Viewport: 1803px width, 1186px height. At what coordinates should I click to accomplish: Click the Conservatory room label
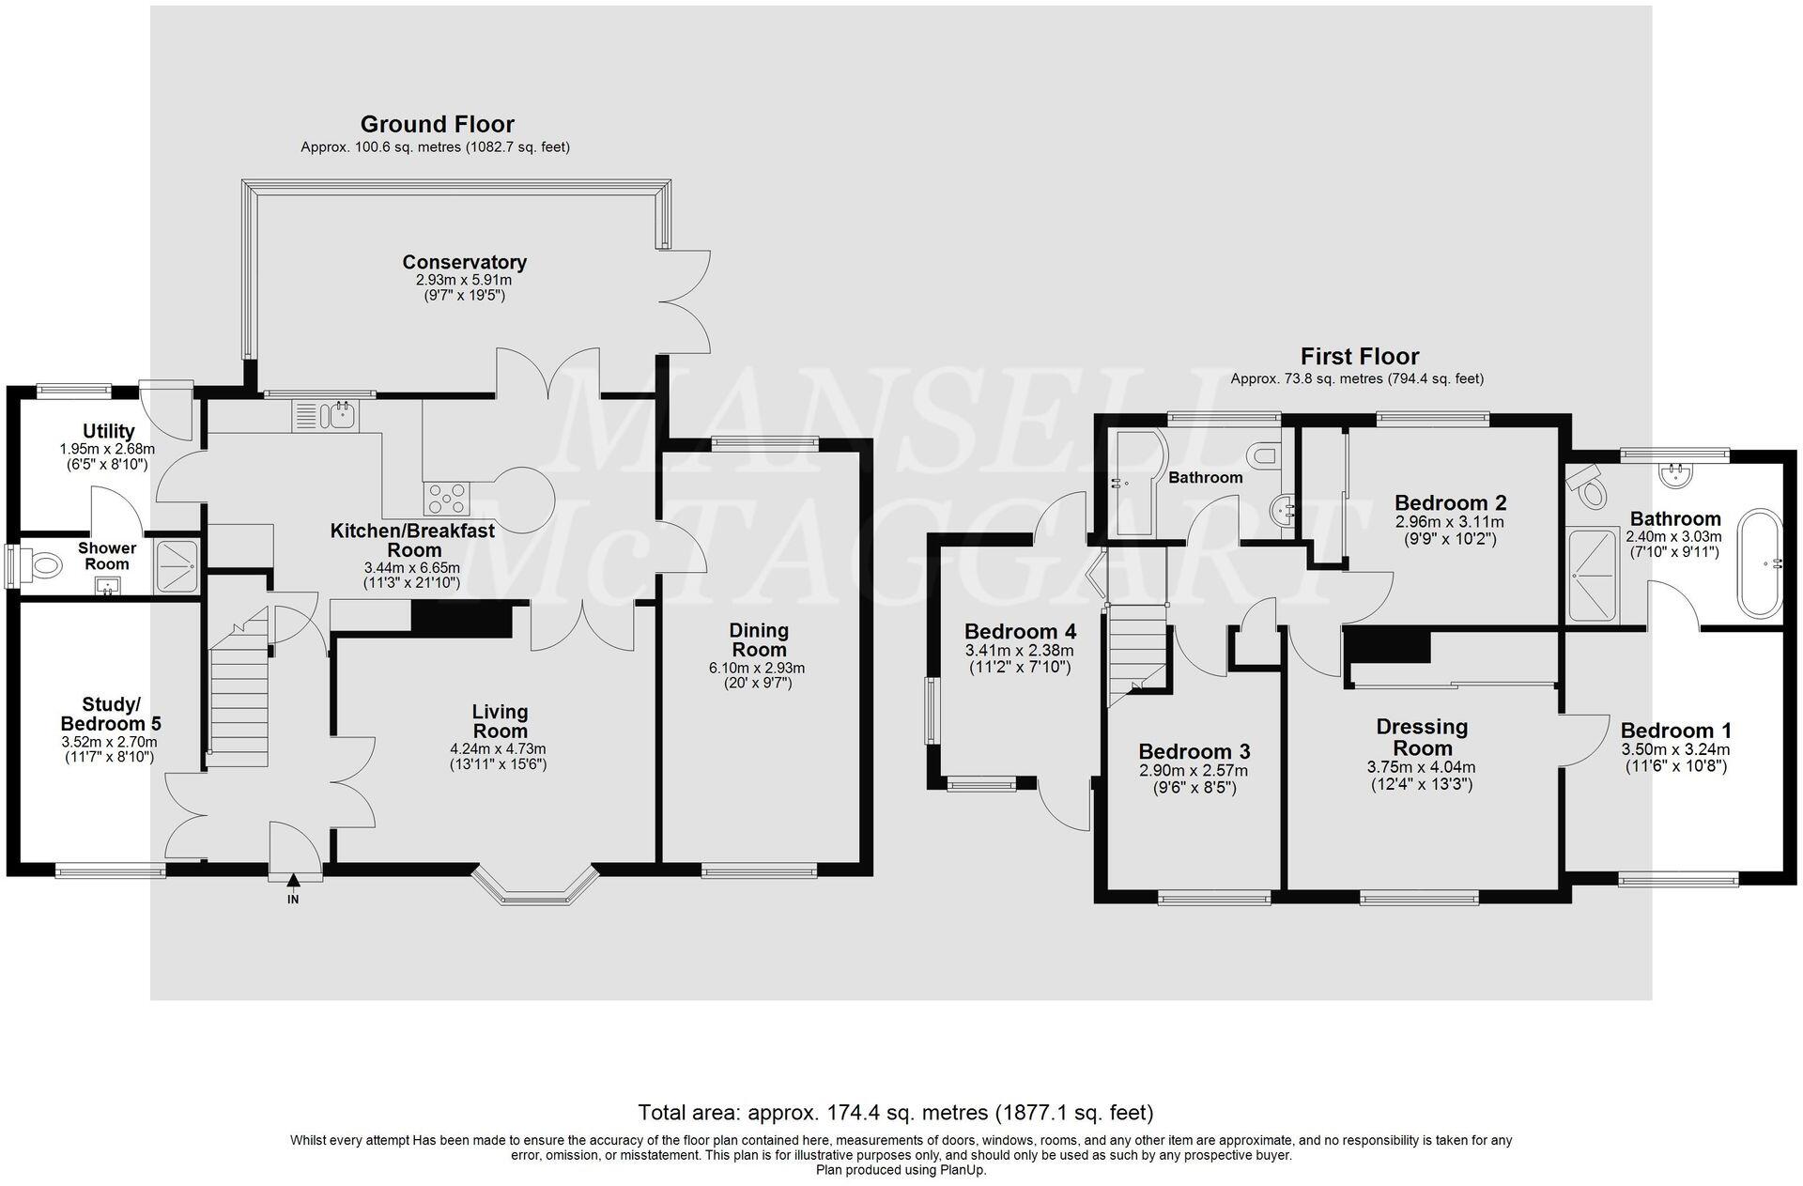[x=464, y=262]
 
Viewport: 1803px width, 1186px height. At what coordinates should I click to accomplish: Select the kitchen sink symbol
[x=323, y=415]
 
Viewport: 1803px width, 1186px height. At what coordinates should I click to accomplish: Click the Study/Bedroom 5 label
[x=111, y=714]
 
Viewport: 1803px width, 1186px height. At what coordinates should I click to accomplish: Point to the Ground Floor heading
[x=437, y=124]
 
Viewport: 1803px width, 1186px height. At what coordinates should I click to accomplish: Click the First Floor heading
[x=1359, y=357]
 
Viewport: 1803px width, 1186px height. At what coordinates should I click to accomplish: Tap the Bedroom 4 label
[x=1020, y=631]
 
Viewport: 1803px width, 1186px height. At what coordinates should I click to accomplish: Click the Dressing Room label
[x=1422, y=737]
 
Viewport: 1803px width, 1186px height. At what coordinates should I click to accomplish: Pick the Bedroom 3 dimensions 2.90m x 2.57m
[x=1194, y=770]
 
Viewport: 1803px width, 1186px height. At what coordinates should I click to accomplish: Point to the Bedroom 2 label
[x=1450, y=502]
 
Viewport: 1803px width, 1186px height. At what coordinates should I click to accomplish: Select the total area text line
[x=895, y=1113]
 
